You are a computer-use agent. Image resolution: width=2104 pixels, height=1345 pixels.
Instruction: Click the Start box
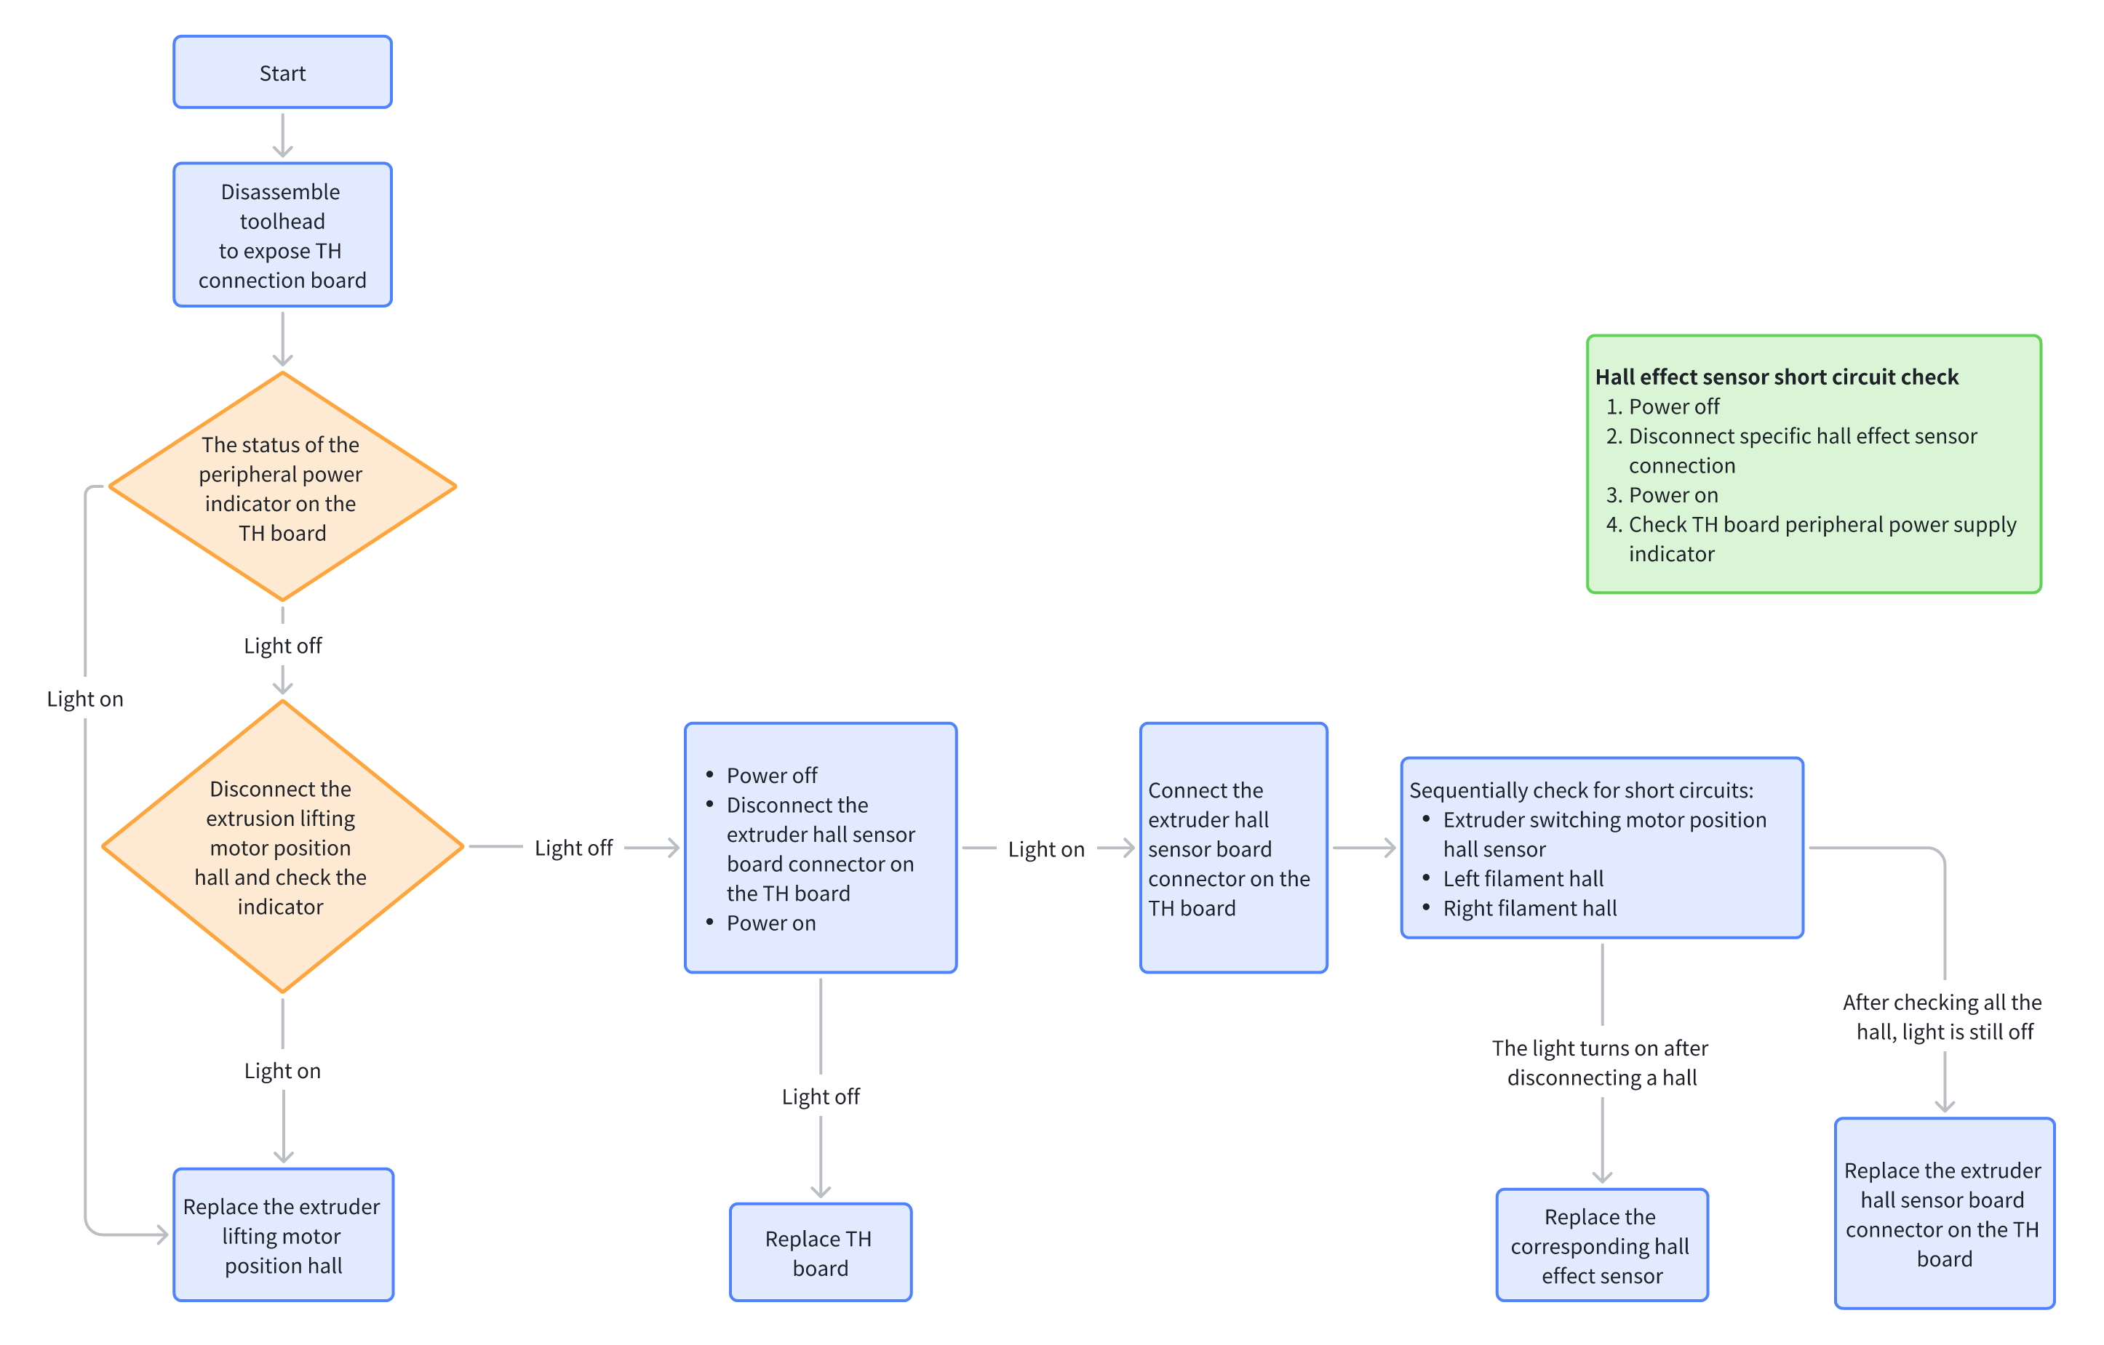tap(282, 73)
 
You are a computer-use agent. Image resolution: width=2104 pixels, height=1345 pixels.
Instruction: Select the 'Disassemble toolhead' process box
tap(282, 235)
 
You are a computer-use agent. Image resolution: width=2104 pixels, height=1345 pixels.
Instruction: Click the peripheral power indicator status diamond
tap(282, 487)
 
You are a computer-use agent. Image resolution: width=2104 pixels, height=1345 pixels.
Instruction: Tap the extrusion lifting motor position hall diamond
tap(282, 846)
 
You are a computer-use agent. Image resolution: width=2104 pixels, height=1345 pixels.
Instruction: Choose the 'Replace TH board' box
tap(821, 1253)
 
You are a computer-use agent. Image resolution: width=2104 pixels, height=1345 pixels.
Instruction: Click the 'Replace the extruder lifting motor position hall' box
tap(283, 1235)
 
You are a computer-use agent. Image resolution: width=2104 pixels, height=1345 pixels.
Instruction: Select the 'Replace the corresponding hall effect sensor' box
tap(1601, 1245)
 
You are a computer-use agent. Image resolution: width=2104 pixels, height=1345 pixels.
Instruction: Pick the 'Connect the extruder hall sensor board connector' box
tap(1233, 848)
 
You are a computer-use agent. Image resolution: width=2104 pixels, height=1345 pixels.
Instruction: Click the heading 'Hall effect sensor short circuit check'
tap(1777, 377)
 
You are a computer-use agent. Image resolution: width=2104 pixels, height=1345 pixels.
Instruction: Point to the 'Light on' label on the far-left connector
tap(84, 699)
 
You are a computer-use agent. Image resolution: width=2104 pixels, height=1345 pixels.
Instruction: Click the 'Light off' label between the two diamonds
tap(282, 646)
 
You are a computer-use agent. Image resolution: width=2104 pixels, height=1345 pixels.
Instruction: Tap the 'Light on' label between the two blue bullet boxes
tap(1046, 849)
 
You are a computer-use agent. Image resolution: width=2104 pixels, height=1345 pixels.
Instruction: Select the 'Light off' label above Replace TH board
tap(821, 1096)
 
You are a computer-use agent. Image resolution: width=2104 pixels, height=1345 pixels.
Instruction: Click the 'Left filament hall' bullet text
tap(1523, 879)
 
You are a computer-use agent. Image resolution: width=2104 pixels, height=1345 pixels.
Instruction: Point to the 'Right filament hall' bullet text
tap(1529, 908)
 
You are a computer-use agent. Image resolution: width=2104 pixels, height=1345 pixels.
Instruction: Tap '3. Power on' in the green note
tap(1662, 495)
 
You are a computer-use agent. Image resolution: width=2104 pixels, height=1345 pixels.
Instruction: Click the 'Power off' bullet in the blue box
tap(771, 776)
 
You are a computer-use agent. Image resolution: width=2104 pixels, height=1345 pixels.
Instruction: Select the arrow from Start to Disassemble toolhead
tap(282, 135)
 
